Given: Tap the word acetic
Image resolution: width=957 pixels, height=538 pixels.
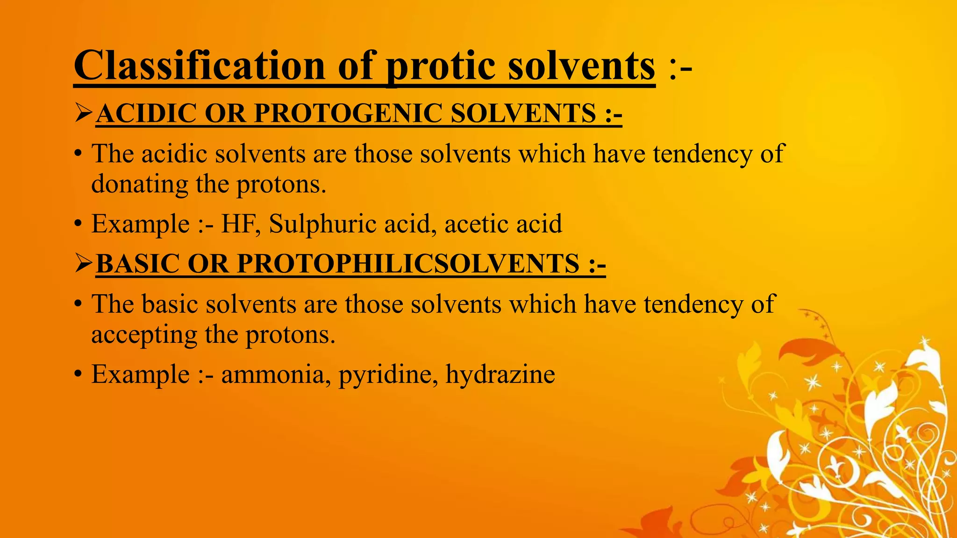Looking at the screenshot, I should tap(472, 224).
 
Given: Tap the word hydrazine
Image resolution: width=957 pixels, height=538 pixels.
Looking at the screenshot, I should tap(500, 375).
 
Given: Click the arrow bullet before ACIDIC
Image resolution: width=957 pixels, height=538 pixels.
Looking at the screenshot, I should tap(84, 113).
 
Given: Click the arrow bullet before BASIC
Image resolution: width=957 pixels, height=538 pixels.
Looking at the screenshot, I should tap(84, 264).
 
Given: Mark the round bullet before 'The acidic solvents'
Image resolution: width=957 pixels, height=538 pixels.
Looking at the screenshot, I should tap(78, 155).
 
